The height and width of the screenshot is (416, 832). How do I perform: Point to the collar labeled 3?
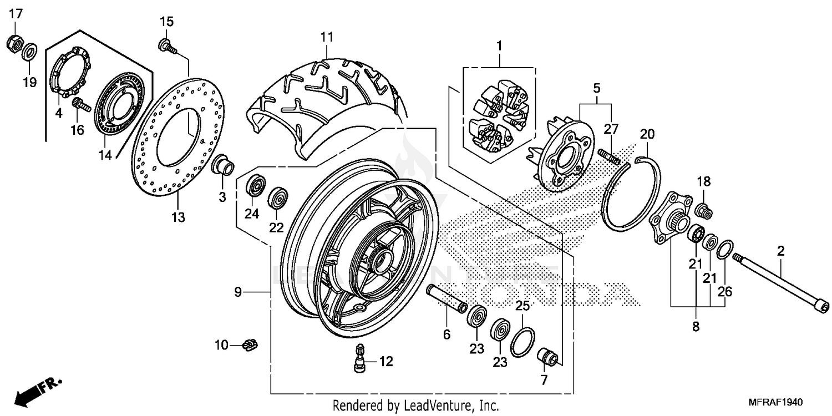(x=224, y=165)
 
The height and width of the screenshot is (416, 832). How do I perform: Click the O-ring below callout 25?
(x=522, y=342)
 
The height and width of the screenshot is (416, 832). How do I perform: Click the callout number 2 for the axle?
(x=780, y=251)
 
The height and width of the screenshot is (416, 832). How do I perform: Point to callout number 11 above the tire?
(x=327, y=37)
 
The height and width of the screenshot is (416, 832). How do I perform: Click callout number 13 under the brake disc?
(x=177, y=217)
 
